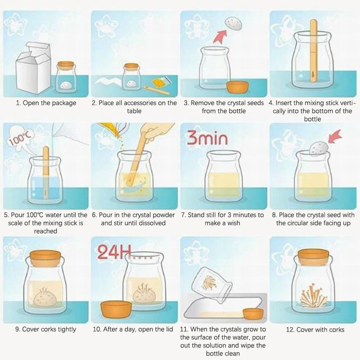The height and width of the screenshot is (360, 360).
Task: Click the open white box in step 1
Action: click(33, 69)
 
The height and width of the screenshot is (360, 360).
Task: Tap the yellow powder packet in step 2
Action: click(162, 81)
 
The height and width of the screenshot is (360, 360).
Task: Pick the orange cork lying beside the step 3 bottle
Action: click(238, 87)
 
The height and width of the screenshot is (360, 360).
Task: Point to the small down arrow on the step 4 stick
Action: click(312, 74)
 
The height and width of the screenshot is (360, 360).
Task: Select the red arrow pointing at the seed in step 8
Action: click(335, 136)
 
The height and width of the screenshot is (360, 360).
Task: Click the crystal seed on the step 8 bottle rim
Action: click(319, 148)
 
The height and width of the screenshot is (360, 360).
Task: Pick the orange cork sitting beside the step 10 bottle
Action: click(116, 310)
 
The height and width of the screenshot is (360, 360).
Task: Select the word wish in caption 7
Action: click(234, 223)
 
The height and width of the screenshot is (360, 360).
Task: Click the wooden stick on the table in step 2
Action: click(156, 90)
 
